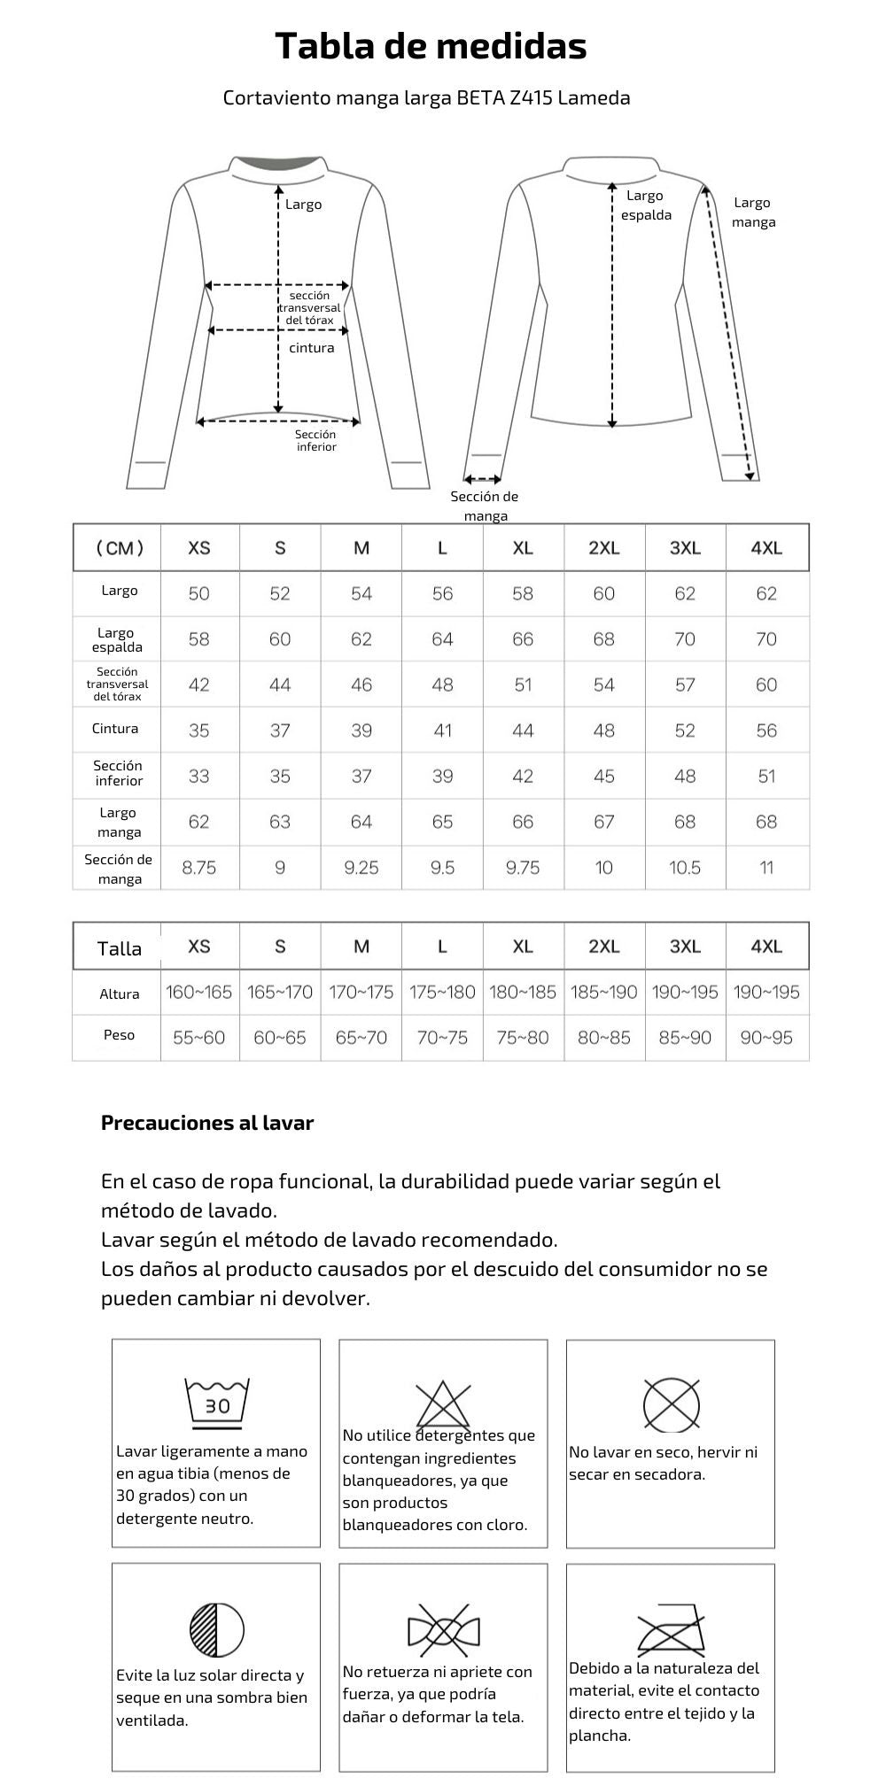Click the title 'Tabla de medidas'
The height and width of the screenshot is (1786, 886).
[x=431, y=46]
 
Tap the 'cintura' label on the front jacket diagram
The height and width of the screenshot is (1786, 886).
[x=312, y=348]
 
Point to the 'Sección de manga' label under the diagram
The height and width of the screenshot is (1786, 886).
[x=485, y=506]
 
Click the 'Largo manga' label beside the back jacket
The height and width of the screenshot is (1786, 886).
[x=753, y=213]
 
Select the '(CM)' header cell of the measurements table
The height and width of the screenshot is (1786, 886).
[x=119, y=548]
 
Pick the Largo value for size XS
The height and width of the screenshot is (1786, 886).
[x=199, y=593]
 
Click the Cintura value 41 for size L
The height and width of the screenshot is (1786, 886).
[x=442, y=731]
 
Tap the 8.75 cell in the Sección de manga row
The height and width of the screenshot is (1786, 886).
[x=199, y=868]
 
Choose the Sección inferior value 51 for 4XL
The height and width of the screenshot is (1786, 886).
[x=766, y=777]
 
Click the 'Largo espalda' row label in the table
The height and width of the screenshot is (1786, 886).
[x=118, y=639]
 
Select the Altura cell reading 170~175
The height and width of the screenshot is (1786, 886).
[x=361, y=993]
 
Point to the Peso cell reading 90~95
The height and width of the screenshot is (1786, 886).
[x=766, y=1038]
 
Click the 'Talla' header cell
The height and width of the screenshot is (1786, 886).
[x=119, y=948]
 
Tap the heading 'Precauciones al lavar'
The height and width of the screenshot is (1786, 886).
[x=207, y=1123]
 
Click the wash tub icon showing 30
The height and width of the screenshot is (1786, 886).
[x=217, y=1403]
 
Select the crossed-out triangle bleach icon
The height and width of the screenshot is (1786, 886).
[x=443, y=1405]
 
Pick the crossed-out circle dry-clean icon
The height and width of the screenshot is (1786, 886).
[x=671, y=1404]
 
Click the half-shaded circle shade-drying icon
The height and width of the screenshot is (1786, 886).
[x=217, y=1629]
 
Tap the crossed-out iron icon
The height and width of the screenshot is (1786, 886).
[x=671, y=1629]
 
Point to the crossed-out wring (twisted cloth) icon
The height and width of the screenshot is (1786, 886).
[x=443, y=1629]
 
